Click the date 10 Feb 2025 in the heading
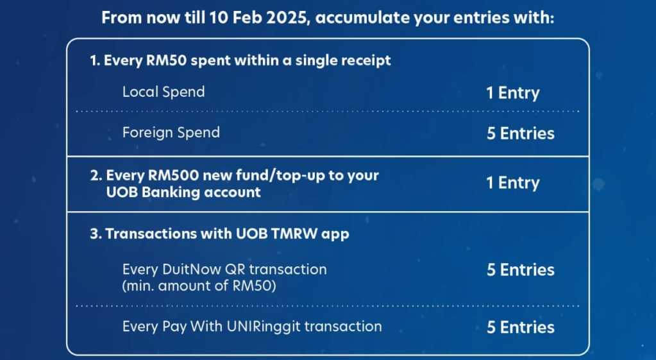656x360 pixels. [260, 18]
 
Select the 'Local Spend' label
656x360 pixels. [164, 92]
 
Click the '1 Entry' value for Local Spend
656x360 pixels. [513, 92]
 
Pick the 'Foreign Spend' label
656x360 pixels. [171, 133]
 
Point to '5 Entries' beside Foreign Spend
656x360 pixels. [521, 133]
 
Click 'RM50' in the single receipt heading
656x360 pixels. [166, 60]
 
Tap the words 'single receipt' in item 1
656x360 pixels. [343, 61]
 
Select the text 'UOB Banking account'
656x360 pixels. [183, 192]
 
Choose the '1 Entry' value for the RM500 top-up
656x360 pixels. [513, 183]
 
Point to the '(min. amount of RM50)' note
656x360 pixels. [199, 286]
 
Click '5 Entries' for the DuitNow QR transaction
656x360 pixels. [521, 270]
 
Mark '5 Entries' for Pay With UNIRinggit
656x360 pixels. [521, 327]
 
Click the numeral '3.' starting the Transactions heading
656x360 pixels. [96, 234]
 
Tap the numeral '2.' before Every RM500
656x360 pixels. [96, 175]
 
